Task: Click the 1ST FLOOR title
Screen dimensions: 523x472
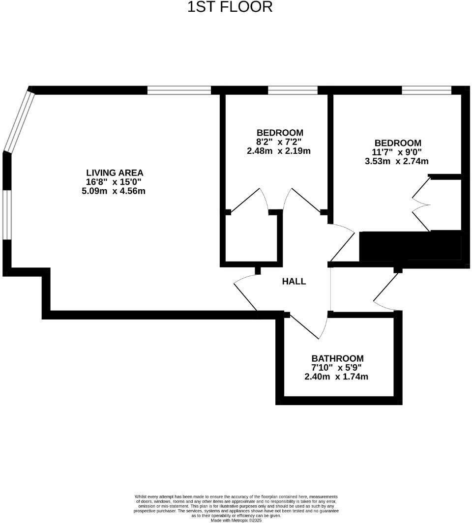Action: click(x=230, y=7)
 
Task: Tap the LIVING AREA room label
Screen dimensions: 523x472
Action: click(x=115, y=173)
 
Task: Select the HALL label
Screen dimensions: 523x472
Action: click(x=294, y=282)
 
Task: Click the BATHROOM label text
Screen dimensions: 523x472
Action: click(x=337, y=358)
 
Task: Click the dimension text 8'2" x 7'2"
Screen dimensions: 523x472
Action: click(x=279, y=142)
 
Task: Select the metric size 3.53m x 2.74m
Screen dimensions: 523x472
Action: click(x=396, y=161)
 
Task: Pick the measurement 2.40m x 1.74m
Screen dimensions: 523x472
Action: click(x=336, y=377)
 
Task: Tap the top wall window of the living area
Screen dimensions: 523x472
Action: click(x=179, y=90)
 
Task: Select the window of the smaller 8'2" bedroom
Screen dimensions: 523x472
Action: click(x=293, y=90)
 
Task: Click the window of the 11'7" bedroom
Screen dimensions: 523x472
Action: click(x=426, y=90)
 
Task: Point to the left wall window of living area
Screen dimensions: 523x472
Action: click(x=7, y=214)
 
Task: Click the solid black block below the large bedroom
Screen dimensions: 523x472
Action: click(x=410, y=246)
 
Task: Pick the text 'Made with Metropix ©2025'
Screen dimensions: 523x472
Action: click(x=236, y=520)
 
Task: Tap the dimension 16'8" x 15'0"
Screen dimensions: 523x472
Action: click(x=114, y=182)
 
